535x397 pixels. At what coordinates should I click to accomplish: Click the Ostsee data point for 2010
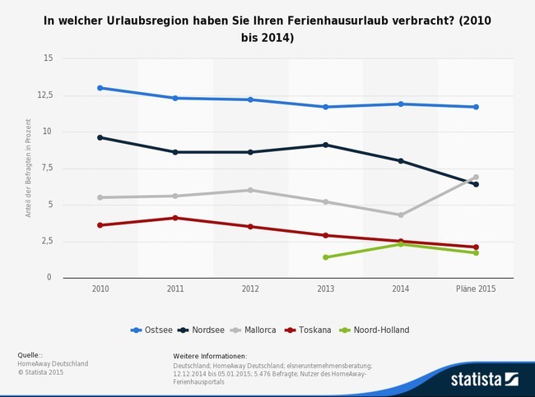[100, 88]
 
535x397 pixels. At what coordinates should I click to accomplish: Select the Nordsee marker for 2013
[326, 145]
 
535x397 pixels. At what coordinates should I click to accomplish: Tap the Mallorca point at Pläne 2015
[476, 177]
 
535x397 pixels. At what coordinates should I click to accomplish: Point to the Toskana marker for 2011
[175, 218]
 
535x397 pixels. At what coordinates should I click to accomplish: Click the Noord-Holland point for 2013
[326, 257]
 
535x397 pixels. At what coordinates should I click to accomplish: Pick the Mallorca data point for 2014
[401, 215]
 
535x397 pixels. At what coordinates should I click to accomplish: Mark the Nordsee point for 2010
[100, 137]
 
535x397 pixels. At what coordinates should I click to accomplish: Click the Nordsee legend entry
[206, 330]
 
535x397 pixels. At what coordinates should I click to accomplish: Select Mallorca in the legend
[263, 330]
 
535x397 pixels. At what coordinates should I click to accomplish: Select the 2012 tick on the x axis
[250, 289]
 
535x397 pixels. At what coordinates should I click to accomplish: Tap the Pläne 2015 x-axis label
[476, 289]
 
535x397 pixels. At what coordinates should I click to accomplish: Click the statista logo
[484, 379]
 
